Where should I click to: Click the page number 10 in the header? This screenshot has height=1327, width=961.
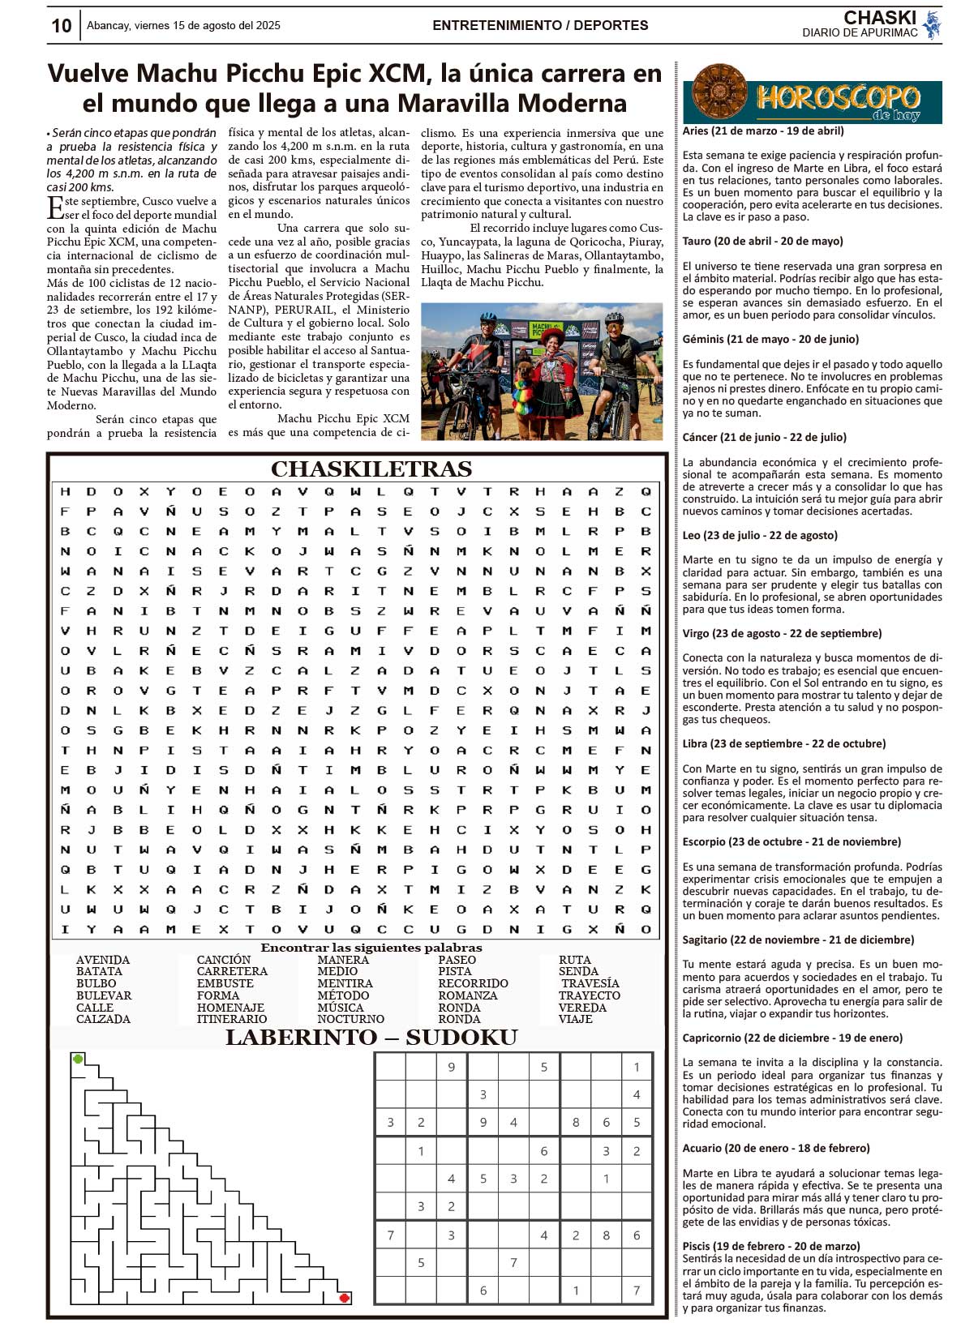point(62,26)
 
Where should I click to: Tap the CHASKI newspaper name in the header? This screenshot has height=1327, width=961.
point(879,18)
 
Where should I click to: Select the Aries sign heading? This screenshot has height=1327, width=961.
point(763,131)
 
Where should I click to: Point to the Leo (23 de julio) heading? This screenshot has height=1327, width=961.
point(760,535)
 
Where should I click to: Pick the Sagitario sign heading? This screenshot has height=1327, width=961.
point(798,940)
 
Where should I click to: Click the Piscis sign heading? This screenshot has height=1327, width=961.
point(770,1246)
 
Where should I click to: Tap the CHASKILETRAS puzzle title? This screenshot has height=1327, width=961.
point(371,469)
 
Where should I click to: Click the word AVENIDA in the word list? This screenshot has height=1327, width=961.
point(103,960)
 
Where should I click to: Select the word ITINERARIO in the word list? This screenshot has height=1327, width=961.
point(231,1019)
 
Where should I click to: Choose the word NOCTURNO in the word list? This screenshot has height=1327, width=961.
point(350,1019)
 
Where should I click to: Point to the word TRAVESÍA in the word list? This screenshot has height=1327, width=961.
point(590,983)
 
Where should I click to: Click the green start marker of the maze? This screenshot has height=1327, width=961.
point(78,1059)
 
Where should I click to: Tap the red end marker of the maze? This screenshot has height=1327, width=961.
point(344,1298)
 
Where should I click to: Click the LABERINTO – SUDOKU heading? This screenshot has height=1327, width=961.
point(371,1038)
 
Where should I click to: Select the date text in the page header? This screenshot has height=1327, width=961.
point(183,26)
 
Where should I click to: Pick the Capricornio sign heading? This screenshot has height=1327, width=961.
point(792,1038)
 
